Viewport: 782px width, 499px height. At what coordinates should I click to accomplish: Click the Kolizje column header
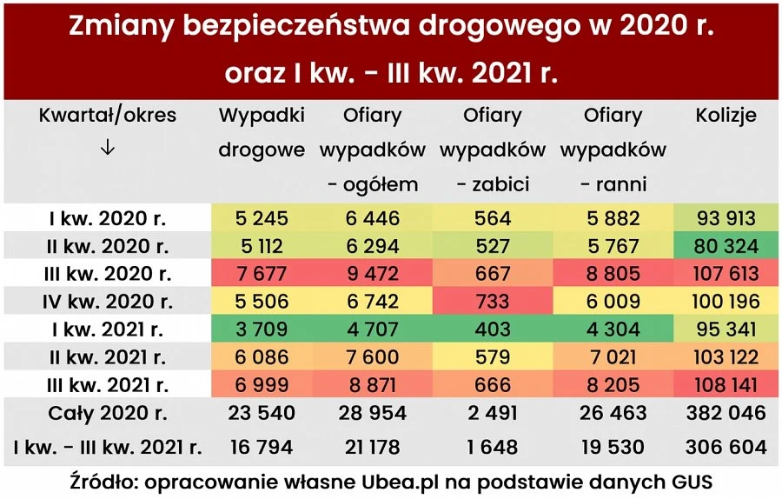point(726,116)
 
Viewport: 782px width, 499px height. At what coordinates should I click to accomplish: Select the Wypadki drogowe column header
point(262,132)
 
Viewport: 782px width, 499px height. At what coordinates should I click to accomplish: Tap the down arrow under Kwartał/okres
point(108,148)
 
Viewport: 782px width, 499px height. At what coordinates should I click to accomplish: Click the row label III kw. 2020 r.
point(108,274)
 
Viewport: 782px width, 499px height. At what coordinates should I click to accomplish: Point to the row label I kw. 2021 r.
point(108,329)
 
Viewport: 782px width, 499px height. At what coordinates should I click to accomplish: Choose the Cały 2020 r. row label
point(108,413)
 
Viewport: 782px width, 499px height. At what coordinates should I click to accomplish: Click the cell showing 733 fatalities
point(493,302)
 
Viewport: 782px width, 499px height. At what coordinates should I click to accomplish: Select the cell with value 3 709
point(262,329)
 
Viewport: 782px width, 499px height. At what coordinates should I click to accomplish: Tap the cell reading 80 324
point(726,246)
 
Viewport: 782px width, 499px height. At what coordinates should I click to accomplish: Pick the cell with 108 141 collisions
point(726,385)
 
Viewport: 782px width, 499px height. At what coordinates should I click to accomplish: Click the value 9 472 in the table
point(372,274)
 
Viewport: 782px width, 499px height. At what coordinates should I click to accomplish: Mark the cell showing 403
point(493,329)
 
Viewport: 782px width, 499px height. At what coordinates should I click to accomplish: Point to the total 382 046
point(726,413)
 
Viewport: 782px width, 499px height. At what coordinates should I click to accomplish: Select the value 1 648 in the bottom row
point(493,448)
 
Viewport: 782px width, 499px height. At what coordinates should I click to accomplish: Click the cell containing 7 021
point(613,357)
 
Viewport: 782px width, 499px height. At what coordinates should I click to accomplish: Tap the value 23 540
point(262,413)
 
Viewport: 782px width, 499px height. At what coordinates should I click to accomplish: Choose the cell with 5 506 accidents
point(262,302)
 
